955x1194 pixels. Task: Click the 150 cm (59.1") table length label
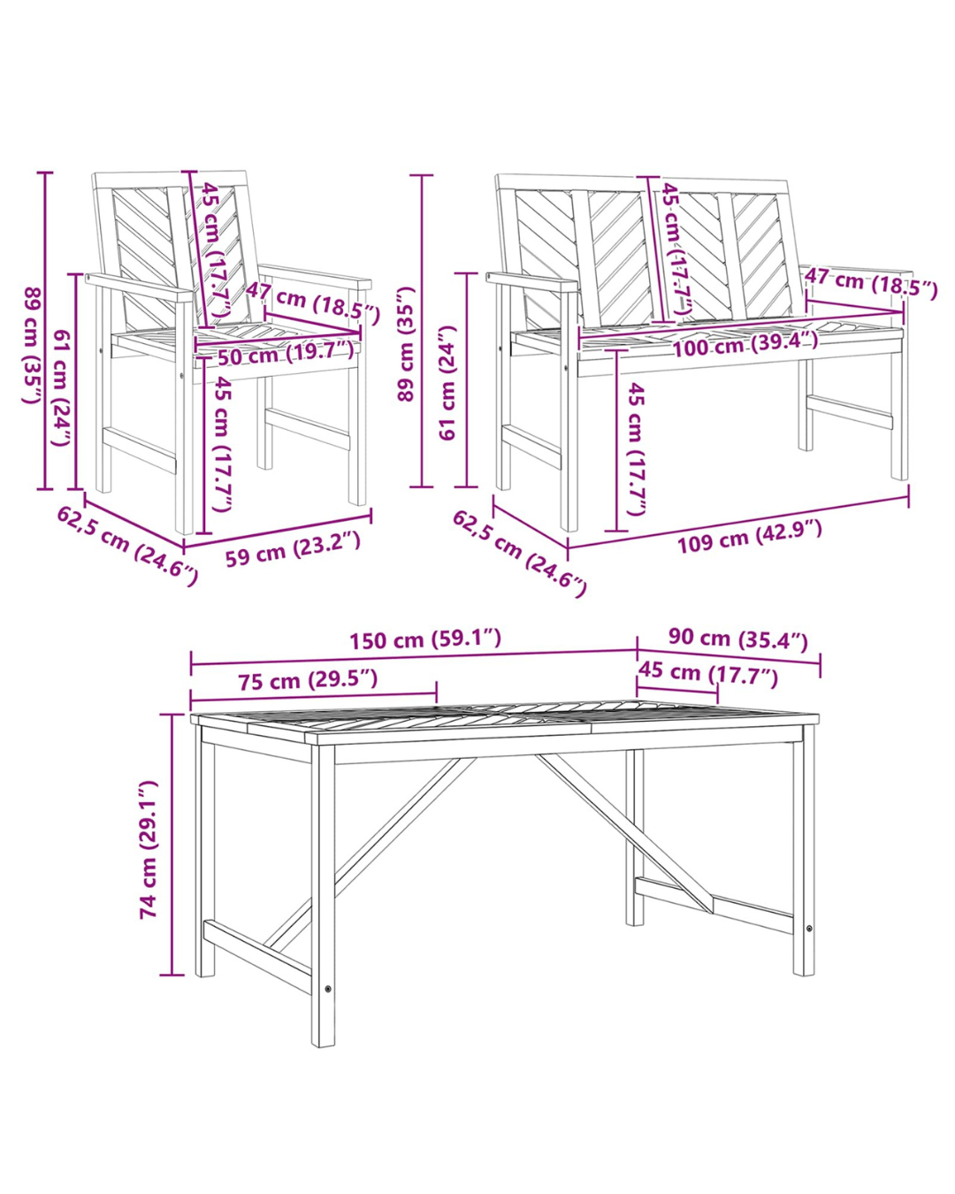point(425,639)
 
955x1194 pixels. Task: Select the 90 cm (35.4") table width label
point(737,639)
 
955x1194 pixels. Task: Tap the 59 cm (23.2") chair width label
point(293,549)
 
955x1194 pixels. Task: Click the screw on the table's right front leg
point(809,929)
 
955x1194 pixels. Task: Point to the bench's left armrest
point(532,284)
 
